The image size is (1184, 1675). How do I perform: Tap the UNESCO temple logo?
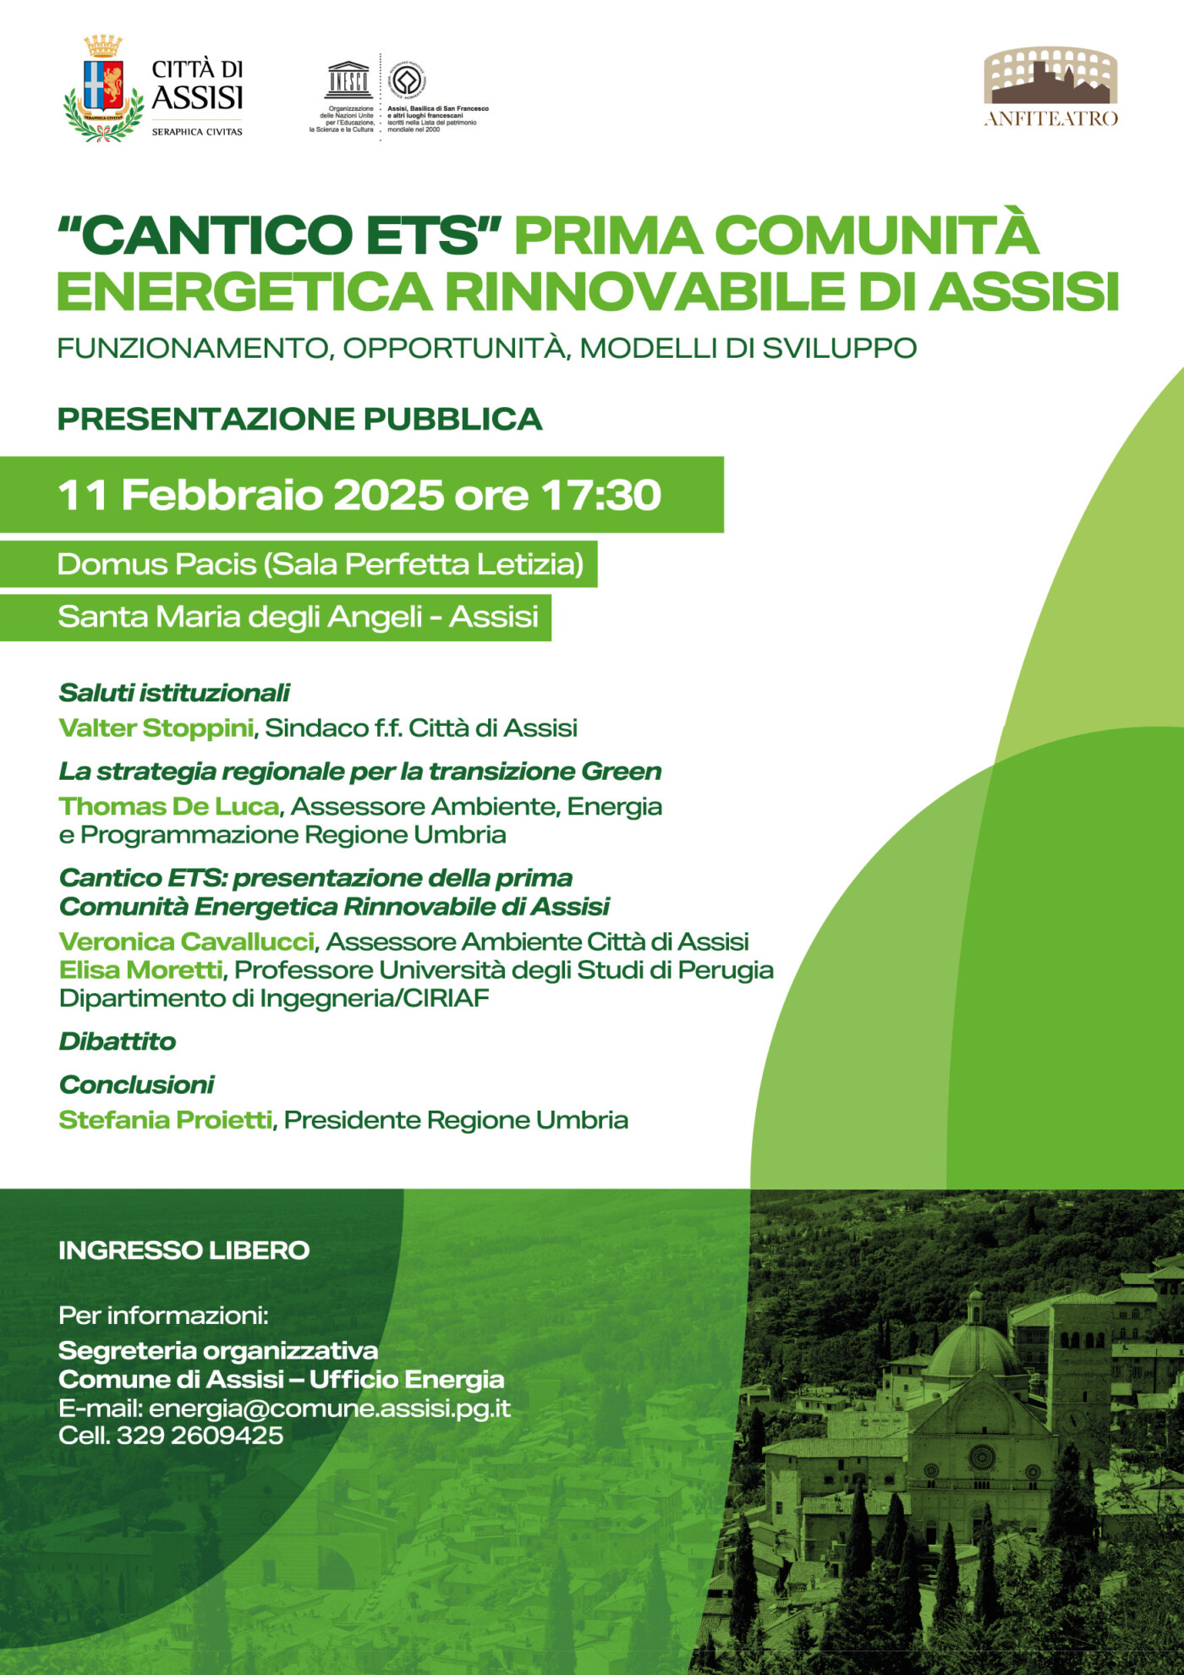pyautogui.click(x=348, y=80)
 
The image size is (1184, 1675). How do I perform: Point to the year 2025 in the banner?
pyautogui.click(x=388, y=495)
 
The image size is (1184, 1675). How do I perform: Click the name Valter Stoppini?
pyautogui.click(x=156, y=728)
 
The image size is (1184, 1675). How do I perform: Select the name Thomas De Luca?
pyautogui.click(x=169, y=806)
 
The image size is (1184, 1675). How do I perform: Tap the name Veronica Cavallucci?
pyautogui.click(x=187, y=942)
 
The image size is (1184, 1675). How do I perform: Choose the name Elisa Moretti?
pyautogui.click(x=141, y=969)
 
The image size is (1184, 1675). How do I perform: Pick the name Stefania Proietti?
pyautogui.click(x=166, y=1120)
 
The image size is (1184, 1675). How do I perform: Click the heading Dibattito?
pyautogui.click(x=118, y=1041)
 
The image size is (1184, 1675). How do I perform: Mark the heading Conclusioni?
pyautogui.click(x=137, y=1085)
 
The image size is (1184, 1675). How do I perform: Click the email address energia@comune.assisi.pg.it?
pyautogui.click(x=330, y=1409)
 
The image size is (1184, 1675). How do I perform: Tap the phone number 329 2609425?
pyautogui.click(x=200, y=1436)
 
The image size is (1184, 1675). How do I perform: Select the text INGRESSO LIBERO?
pyautogui.click(x=184, y=1250)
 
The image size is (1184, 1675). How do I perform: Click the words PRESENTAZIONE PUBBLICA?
pyautogui.click(x=299, y=420)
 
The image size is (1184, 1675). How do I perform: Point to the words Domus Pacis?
pyautogui.click(x=156, y=564)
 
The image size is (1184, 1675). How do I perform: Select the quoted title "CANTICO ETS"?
pyautogui.click(x=280, y=234)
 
